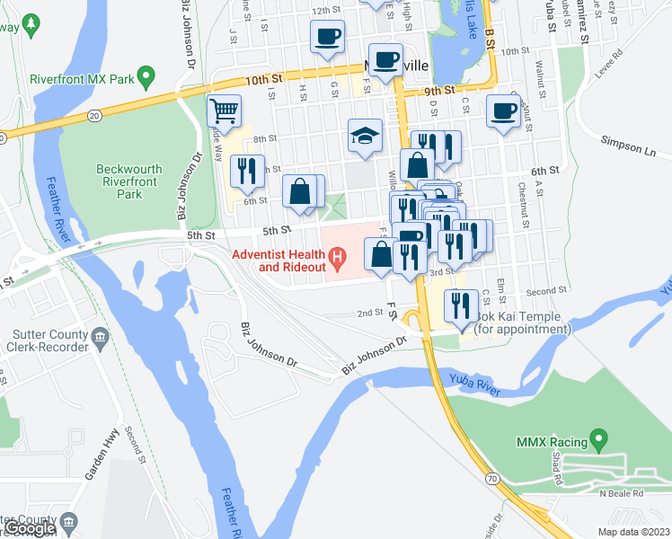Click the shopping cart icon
224,111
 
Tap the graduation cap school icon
366,136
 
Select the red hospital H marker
337,261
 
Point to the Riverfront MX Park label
82,79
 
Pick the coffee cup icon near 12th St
327,37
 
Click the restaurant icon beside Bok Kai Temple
462,306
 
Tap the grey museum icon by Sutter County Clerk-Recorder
101,339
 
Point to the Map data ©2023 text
633,532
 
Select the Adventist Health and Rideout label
279,261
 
